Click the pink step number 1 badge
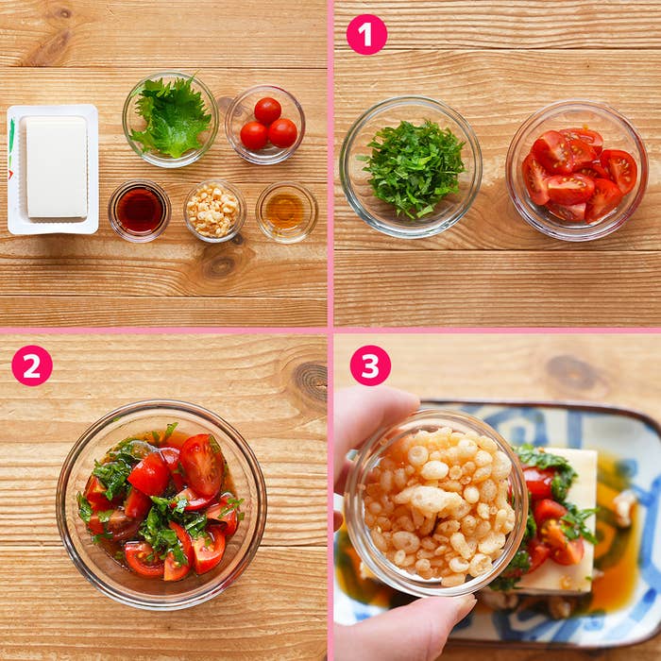tap(366, 35)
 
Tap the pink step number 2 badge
tap(32, 365)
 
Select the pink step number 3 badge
tap(370, 365)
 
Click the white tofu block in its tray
tap(57, 167)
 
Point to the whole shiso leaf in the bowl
tap(171, 118)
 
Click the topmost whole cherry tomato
tap(267, 110)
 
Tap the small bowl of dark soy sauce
tap(140, 211)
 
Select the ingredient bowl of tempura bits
tap(214, 212)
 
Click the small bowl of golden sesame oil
tap(287, 212)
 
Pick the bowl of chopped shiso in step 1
tap(411, 167)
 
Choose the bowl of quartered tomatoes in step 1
tap(577, 170)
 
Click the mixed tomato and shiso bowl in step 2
tap(161, 505)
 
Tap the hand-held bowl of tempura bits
tap(435, 502)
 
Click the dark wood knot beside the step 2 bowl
tap(311, 381)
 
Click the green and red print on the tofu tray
tap(11, 148)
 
